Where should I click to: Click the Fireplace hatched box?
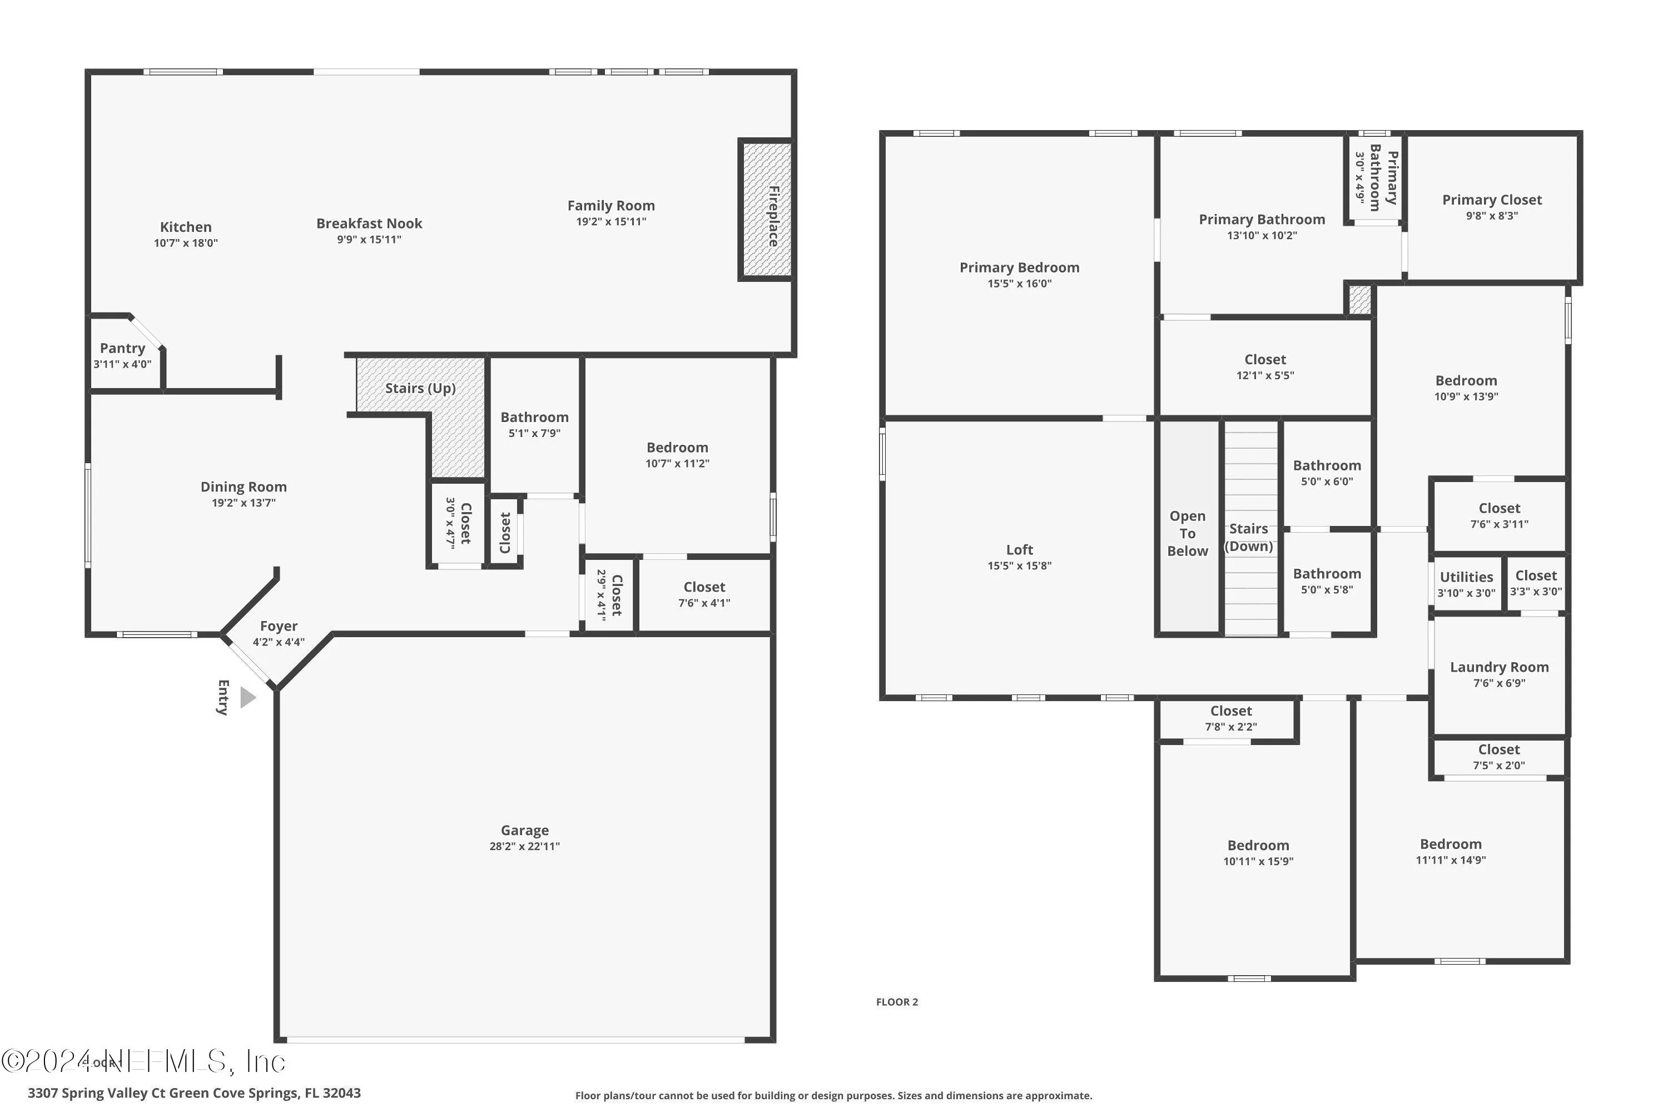pos(767,210)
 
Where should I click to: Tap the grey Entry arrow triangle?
pos(247,697)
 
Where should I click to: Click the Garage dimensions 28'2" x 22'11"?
pos(524,846)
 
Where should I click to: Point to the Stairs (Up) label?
pos(420,388)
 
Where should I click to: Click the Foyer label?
pos(278,626)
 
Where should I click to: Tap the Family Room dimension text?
pos(610,222)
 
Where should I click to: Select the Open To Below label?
pos(1187,533)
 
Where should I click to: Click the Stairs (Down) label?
pos(1248,537)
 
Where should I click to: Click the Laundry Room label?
pos(1498,667)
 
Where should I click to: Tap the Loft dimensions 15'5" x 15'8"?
pos(1019,566)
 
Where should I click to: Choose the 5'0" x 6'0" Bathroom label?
pos(1326,466)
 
